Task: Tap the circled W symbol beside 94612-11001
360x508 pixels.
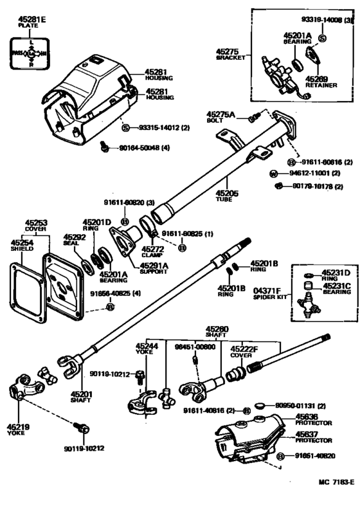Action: tap(273, 174)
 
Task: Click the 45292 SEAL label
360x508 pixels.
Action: tap(70, 240)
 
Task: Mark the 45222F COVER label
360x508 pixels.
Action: tap(244, 352)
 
